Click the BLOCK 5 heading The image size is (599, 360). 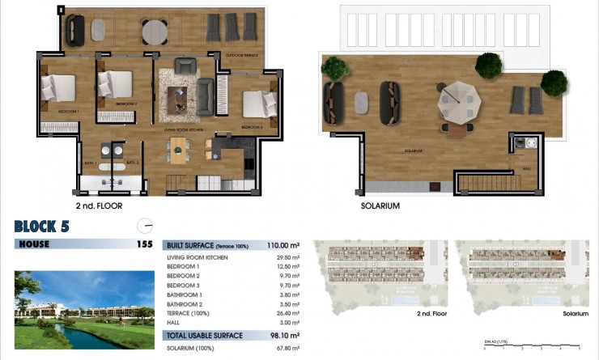[x=42, y=227]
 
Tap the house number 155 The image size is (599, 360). [x=144, y=244]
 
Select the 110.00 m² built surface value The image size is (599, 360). [x=284, y=244]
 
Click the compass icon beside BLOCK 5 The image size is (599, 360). [x=145, y=227]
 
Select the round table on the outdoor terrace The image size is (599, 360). [x=154, y=32]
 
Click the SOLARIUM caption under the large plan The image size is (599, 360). [x=380, y=206]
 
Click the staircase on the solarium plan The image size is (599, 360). [x=486, y=181]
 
